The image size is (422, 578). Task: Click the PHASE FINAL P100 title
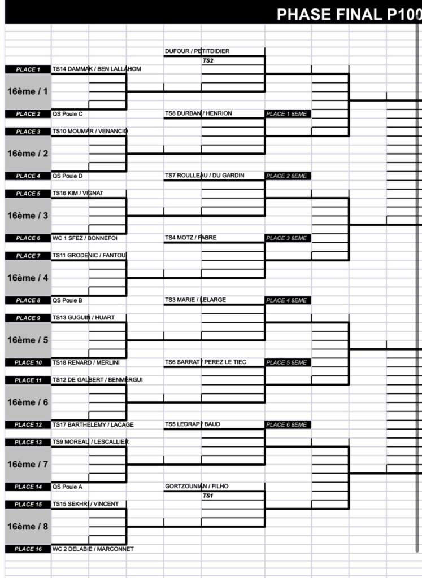point(348,14)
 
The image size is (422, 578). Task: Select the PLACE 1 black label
point(28,69)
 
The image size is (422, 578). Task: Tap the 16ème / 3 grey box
point(28,216)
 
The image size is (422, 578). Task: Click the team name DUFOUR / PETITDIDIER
point(197,51)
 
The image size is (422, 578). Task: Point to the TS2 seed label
point(207,60)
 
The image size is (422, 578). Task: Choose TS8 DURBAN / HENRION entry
point(198,113)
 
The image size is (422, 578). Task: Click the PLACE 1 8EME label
point(287,114)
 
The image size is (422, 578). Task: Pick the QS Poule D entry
point(67,176)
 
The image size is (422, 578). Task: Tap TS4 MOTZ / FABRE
point(190,238)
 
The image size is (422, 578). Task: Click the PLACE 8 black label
point(28,300)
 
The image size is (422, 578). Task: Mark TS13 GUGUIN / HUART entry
point(83,318)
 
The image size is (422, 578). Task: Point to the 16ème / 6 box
point(28,402)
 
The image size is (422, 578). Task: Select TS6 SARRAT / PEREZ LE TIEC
point(206,362)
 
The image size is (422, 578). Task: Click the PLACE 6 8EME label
point(287,424)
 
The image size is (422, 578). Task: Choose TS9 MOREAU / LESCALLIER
point(90,442)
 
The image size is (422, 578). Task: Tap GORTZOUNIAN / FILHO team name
point(197,486)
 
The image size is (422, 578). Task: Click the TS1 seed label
point(207,495)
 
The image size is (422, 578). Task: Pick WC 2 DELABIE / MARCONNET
point(93,549)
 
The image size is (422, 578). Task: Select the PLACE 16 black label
point(28,549)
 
